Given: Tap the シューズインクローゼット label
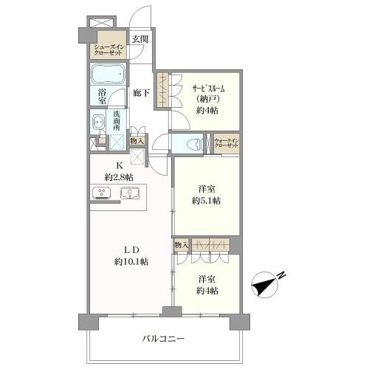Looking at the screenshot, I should click(108, 51).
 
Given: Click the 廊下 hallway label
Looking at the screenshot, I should click(140, 93).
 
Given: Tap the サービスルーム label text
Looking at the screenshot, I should click(204, 89).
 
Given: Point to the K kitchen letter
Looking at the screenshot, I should click(117, 166).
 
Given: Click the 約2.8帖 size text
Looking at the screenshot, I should click(118, 177).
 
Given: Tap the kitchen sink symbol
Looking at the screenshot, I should click(129, 194).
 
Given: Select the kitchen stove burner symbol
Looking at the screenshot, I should click(102, 194).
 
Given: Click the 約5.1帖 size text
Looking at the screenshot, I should click(207, 201).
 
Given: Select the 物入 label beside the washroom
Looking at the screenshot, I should click(136, 140).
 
